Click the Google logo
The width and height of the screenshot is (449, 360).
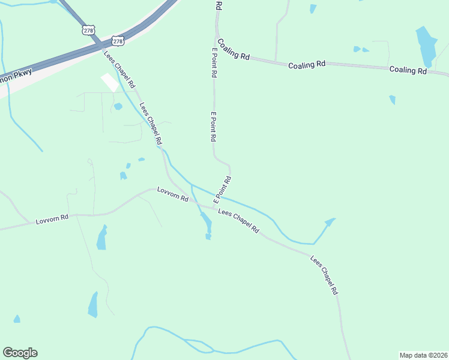pyautogui.click(x=20, y=353)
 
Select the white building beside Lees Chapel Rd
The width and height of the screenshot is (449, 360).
pyautogui.click(x=109, y=82)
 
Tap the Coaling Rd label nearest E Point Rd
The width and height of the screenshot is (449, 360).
pyautogui.click(x=233, y=49)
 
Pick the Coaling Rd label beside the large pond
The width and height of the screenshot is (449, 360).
pyautogui.click(x=408, y=70)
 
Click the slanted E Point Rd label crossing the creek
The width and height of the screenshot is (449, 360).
pyautogui.click(x=222, y=188)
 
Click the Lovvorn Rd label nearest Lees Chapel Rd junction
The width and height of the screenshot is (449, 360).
pyautogui.click(x=173, y=193)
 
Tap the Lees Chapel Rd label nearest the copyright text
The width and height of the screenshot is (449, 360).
pyautogui.click(x=324, y=275)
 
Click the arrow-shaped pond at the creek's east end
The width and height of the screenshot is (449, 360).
pyautogui.click(x=328, y=222)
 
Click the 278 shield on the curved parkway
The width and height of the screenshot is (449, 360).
pyautogui.click(x=118, y=41)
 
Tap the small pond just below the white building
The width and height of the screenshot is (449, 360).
pyautogui.click(x=118, y=107)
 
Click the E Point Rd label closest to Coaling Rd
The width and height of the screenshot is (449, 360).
pyautogui.click(x=214, y=64)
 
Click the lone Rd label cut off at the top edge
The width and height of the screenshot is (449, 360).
pyautogui.click(x=218, y=5)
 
